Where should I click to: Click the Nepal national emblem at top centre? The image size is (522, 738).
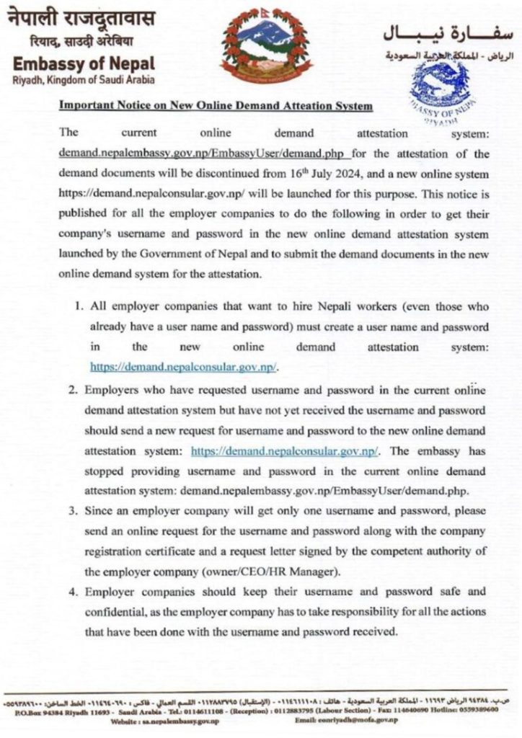pos(257,45)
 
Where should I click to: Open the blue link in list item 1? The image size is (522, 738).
pos(183,366)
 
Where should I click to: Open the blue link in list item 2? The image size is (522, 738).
pos(285,452)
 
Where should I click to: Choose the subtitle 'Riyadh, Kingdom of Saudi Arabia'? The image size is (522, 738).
pos(81,79)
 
